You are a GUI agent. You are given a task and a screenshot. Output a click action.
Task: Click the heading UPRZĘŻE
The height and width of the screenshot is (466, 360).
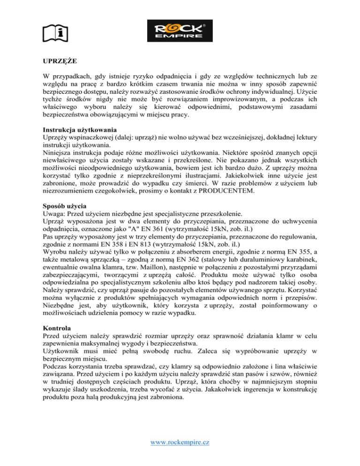coord(54,61)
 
